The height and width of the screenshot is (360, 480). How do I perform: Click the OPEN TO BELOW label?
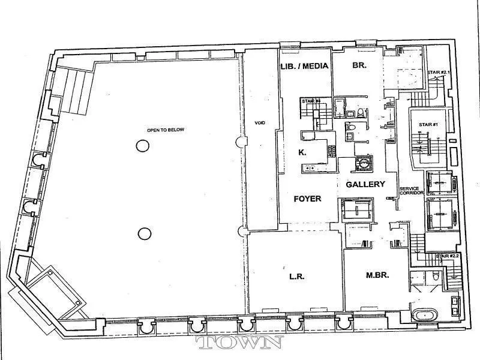164,130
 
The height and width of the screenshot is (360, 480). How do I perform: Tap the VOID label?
260,123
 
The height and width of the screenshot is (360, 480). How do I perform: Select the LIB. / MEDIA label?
305,66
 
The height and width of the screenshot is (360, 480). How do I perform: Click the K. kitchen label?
302,152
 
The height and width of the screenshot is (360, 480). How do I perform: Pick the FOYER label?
307,199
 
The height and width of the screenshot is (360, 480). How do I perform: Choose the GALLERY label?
365,184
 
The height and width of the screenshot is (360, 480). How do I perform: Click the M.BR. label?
378,276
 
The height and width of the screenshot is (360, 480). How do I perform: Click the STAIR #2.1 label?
438,73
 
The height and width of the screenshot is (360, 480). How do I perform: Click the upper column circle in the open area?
142,145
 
